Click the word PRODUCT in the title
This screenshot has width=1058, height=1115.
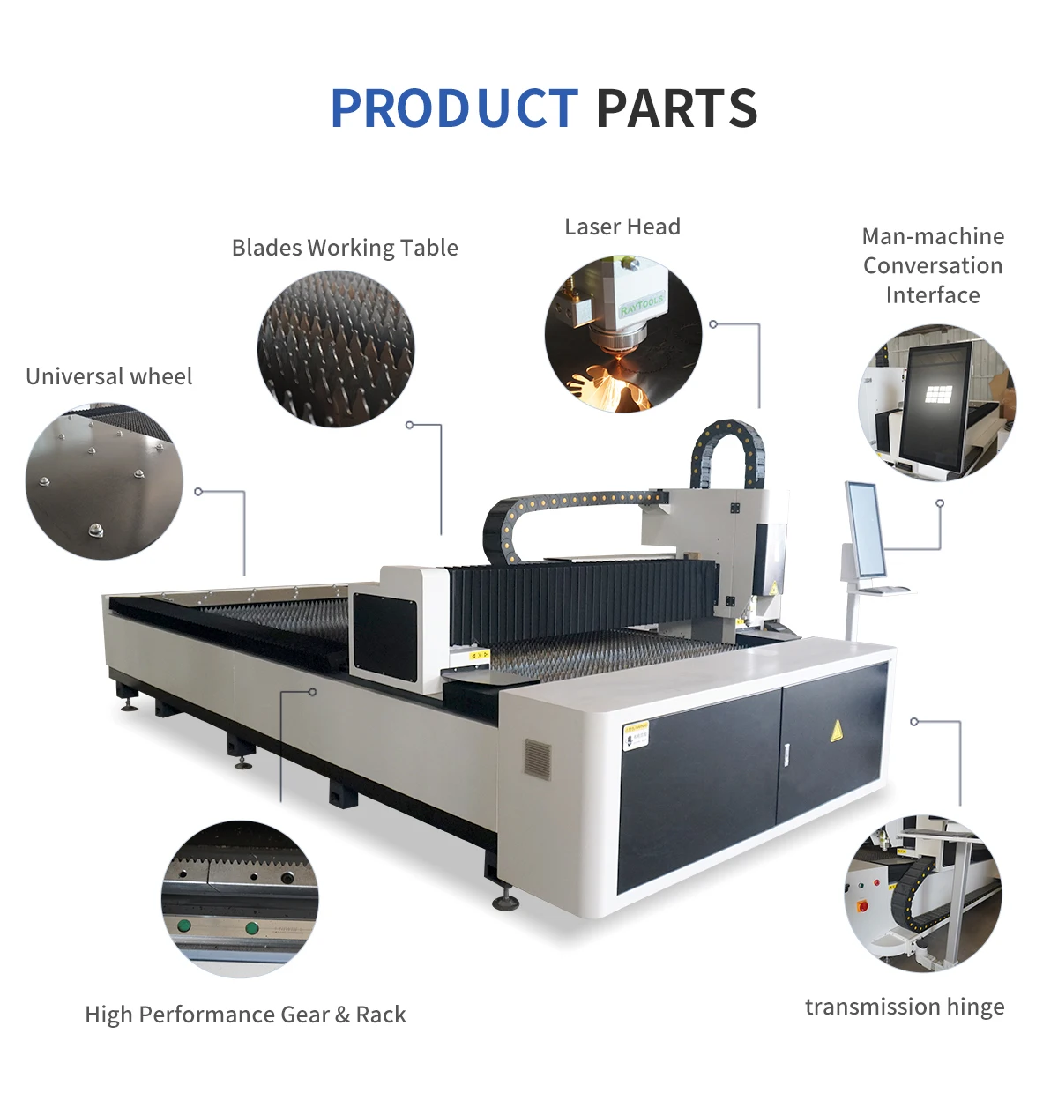pyautogui.click(x=454, y=108)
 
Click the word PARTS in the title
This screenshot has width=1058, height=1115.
pyautogui.click(x=676, y=108)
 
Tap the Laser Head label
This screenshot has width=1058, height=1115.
pyautogui.click(x=622, y=227)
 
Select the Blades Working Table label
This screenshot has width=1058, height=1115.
pyautogui.click(x=345, y=248)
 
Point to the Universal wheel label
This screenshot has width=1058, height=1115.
pyautogui.click(x=108, y=376)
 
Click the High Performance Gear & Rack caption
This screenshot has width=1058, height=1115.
pyautogui.click(x=245, y=1015)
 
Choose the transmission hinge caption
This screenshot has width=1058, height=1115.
pyautogui.click(x=905, y=1007)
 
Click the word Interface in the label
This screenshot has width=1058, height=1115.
pyautogui.click(x=933, y=295)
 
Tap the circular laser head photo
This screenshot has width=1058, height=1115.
pyautogui.click(x=623, y=334)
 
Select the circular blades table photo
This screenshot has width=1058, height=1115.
pyautogui.click(x=336, y=350)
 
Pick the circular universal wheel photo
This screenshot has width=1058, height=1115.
pyautogui.click(x=104, y=481)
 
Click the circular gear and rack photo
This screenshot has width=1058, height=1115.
pyautogui.click(x=240, y=899)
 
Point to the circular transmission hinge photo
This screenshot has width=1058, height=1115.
pyautogui.click(x=923, y=893)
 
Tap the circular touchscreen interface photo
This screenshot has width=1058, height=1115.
pyautogui.click(x=937, y=403)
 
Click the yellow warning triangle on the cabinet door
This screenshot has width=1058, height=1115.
pyautogui.click(x=836, y=729)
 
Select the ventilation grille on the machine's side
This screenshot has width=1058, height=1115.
pyautogui.click(x=538, y=759)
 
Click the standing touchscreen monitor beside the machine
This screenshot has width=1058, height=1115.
pyautogui.click(x=865, y=530)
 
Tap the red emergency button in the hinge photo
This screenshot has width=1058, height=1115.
pyautogui.click(x=862, y=905)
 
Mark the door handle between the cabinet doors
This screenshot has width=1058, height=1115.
pyautogui.click(x=786, y=753)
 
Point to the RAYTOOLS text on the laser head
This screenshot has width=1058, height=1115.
pyautogui.click(x=641, y=305)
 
